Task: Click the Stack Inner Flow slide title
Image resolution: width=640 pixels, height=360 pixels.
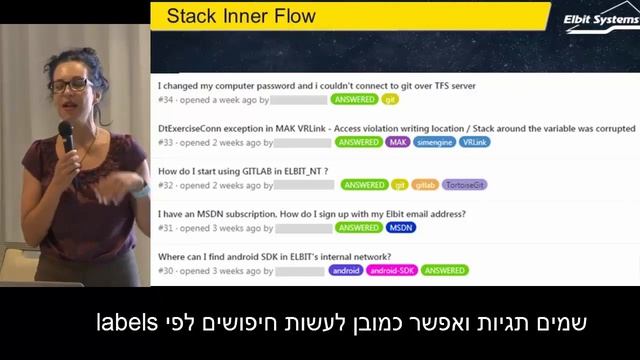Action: [240, 16]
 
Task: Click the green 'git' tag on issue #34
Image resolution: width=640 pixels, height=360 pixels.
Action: [391, 100]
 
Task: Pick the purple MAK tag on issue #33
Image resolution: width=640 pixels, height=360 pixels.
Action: [398, 143]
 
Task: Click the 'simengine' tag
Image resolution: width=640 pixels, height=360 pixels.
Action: [435, 143]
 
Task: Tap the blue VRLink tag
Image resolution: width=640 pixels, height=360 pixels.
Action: [475, 143]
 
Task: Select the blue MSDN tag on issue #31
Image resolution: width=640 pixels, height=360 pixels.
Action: [401, 228]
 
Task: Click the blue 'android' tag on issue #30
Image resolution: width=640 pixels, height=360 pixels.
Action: [346, 270]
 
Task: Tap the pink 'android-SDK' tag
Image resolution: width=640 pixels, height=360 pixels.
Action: [392, 270]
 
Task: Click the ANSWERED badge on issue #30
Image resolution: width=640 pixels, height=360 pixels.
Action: [444, 270]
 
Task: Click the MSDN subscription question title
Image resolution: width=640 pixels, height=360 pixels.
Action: [311, 214]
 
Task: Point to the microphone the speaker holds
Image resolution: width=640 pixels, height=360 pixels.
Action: [66, 135]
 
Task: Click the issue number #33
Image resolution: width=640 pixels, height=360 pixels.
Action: [166, 143]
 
